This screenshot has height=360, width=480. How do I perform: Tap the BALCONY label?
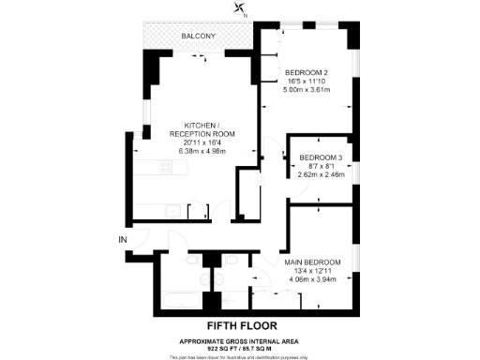200,37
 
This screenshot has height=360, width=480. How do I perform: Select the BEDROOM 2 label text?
306,73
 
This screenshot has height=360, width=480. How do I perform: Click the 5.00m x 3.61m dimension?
307,90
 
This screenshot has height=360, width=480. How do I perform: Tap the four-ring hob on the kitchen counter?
166,169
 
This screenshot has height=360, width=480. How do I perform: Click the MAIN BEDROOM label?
312,262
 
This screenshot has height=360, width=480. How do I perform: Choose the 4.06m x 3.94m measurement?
312,278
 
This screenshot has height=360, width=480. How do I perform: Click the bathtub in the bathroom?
176,299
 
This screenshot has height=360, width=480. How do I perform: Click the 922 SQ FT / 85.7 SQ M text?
239,348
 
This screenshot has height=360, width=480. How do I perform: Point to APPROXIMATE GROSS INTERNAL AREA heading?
239,340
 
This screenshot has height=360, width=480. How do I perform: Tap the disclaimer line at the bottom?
239,356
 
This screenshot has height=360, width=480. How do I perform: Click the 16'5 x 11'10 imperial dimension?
306,82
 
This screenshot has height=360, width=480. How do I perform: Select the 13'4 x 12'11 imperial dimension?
312,270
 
